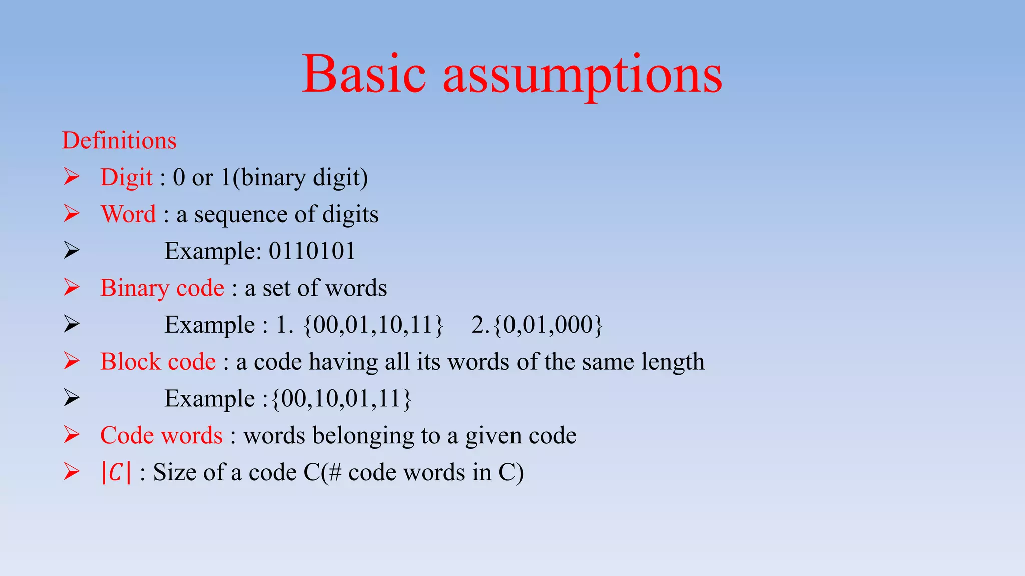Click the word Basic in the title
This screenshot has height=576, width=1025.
click(x=364, y=75)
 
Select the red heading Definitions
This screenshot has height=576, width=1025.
click(x=119, y=140)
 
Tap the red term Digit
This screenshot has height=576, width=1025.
click(x=126, y=178)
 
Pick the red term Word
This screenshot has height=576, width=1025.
click(x=129, y=214)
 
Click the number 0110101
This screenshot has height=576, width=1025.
click(x=312, y=251)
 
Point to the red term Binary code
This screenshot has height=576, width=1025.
click(x=162, y=288)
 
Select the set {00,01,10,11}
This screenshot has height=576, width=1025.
click(x=373, y=325)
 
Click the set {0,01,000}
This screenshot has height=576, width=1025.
click(x=548, y=325)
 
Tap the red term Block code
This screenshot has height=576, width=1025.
click(x=158, y=362)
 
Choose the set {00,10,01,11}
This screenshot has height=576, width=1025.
click(x=341, y=399)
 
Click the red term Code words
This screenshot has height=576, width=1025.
click(x=161, y=435)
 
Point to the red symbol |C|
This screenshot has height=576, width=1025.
click(x=116, y=472)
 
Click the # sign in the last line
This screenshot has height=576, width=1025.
click(x=335, y=472)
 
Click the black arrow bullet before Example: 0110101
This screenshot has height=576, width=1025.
click(x=72, y=251)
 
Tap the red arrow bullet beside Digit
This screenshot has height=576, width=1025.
click(x=72, y=177)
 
